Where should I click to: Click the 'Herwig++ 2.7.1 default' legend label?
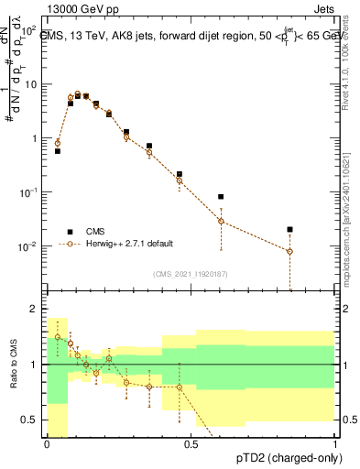pyautogui.click(x=128, y=244)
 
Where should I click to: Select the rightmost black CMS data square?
pyautogui.click(x=289, y=230)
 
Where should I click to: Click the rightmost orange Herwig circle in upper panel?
pyautogui.click(x=289, y=251)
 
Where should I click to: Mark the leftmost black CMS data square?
pyautogui.click(x=58, y=150)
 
